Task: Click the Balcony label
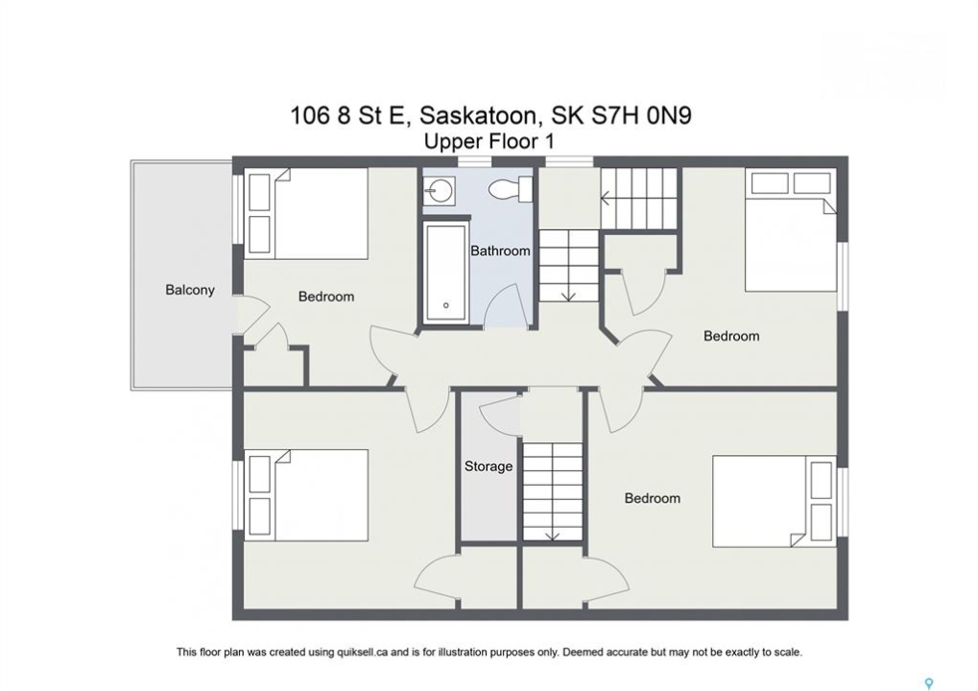190,290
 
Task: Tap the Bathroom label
500,250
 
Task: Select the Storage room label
489,465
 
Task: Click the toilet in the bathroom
511,188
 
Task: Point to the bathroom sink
440,190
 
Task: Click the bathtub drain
446,305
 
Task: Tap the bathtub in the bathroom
446,274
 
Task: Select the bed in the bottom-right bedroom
774,501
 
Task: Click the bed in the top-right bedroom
791,229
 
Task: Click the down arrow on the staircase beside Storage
552,536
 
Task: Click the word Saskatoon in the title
477,116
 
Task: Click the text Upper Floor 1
489,142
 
